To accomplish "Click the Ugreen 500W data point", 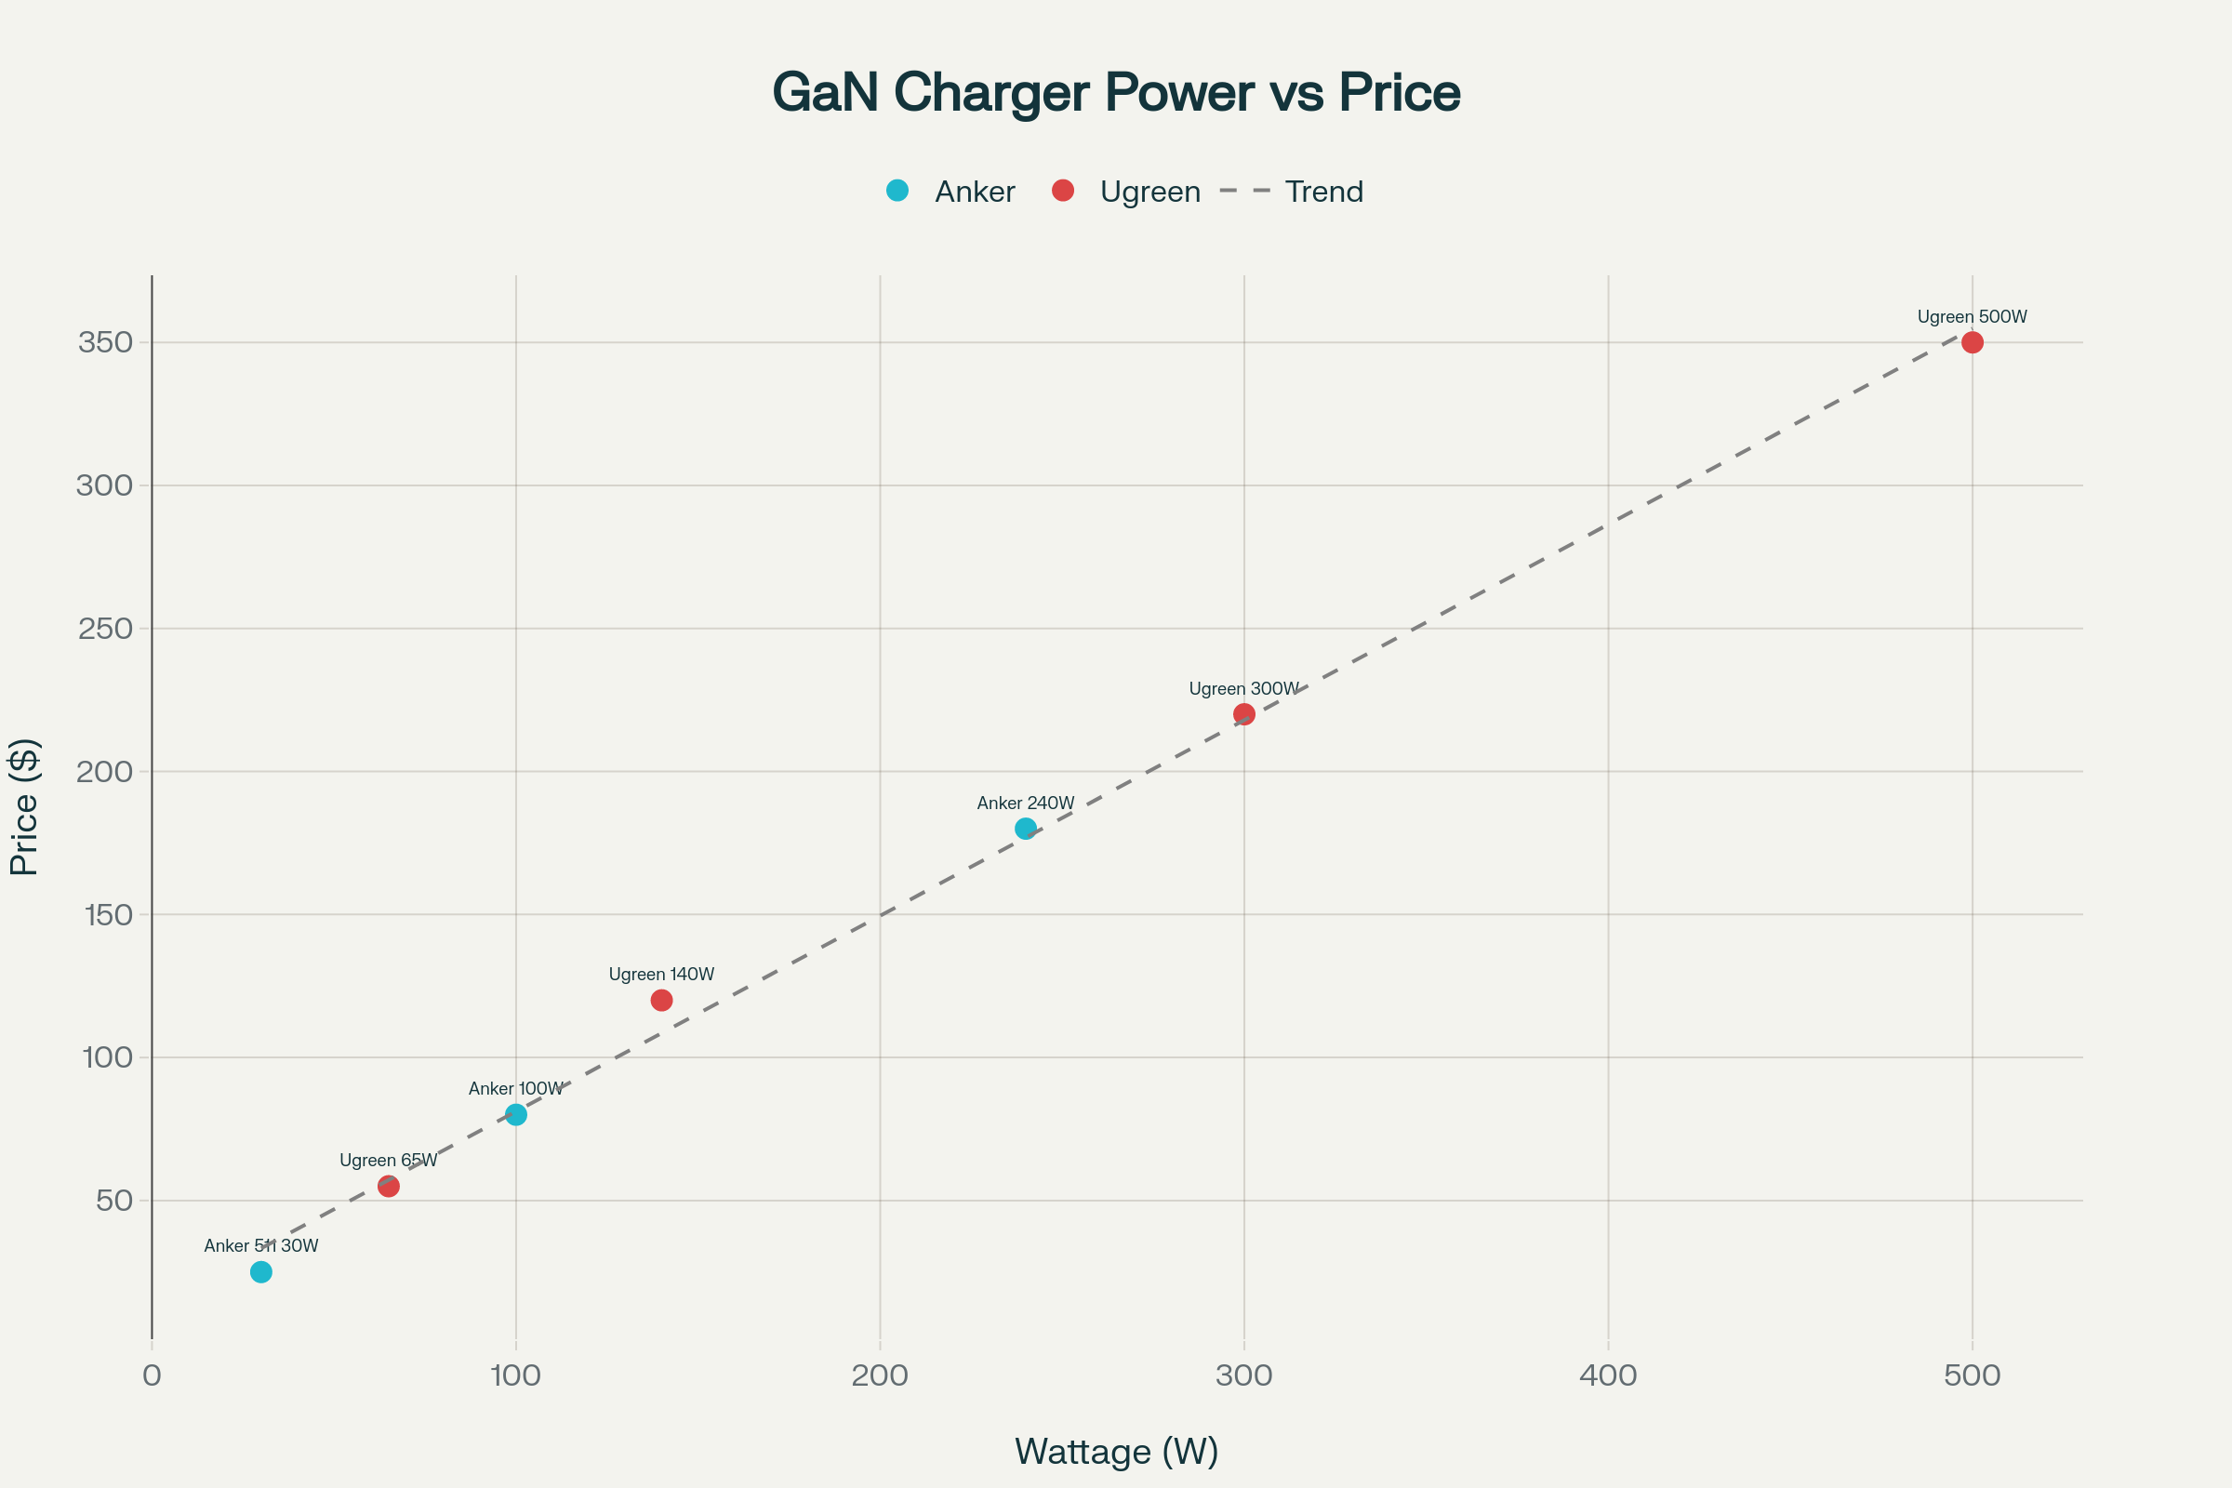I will pyautogui.click(x=1972, y=342).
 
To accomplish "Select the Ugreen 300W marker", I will pyautogui.click(x=1244, y=713).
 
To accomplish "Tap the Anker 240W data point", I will pyautogui.click(x=1026, y=829).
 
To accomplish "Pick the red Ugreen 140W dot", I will pyautogui.click(x=661, y=1001).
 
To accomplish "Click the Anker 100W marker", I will pyautogui.click(x=516, y=1114).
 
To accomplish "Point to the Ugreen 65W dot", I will pyautogui.click(x=388, y=1187).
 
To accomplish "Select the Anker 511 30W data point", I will pyautogui.click(x=261, y=1271).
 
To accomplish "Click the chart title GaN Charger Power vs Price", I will pyautogui.click(x=1116, y=92).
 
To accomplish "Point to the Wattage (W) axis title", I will pyautogui.click(x=1116, y=1451).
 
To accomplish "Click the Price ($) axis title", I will pyautogui.click(x=24, y=806).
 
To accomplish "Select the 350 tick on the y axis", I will pyautogui.click(x=105, y=342).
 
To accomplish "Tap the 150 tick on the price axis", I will pyautogui.click(x=108, y=915).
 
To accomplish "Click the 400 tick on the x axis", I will pyautogui.click(x=1608, y=1375).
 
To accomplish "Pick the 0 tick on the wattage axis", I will pyautogui.click(x=152, y=1375).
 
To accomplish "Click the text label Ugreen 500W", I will pyautogui.click(x=1972, y=317).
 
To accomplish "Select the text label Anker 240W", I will pyautogui.click(x=1026, y=803).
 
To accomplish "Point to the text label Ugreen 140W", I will pyautogui.click(x=661, y=975).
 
